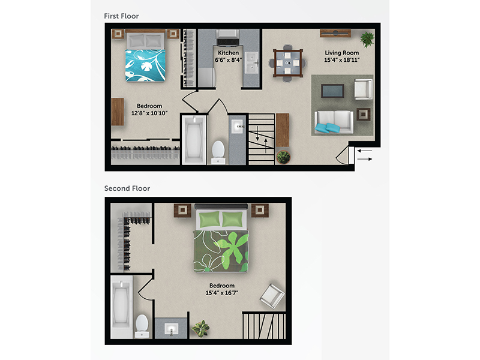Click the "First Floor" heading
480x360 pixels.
click(x=121, y=16)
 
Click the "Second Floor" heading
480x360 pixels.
click(x=127, y=188)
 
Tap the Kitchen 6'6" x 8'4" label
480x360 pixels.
click(x=229, y=56)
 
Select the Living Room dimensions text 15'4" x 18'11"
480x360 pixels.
click(x=342, y=60)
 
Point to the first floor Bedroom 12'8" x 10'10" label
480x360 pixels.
click(x=149, y=110)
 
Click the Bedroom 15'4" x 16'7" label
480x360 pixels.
click(x=222, y=289)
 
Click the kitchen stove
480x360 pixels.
click(x=228, y=37)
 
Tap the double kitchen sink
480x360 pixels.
click(x=251, y=62)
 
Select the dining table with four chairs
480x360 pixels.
click(x=287, y=63)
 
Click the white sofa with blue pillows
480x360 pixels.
click(x=334, y=122)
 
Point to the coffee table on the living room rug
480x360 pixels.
click(x=332, y=91)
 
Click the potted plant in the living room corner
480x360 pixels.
click(x=367, y=39)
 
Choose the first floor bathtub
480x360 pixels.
click(x=194, y=140)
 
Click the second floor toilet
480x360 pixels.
click(x=142, y=326)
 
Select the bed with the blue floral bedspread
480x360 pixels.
click(x=145, y=56)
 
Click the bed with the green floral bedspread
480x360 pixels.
click(x=221, y=238)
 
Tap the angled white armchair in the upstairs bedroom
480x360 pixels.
click(x=272, y=296)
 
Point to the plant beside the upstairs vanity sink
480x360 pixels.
click(x=201, y=328)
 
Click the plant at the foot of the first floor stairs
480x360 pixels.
click(x=283, y=157)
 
